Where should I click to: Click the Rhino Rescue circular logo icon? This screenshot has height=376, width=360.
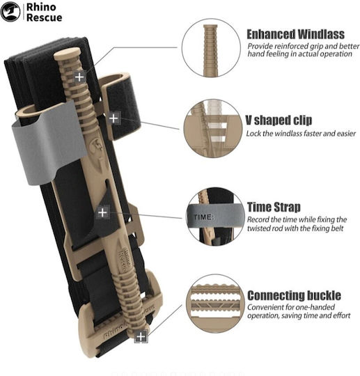10,12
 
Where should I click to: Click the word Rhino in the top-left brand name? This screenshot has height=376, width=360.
41,7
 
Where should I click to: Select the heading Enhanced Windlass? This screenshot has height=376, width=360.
295,34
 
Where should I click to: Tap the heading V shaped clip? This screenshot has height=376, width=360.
279,120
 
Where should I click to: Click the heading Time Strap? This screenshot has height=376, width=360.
274,207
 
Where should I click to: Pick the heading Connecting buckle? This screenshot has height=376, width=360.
294,295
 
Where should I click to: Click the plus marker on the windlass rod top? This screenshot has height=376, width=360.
79,77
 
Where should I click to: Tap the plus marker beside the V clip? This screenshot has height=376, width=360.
114,118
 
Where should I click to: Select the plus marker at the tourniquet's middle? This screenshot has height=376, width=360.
102,212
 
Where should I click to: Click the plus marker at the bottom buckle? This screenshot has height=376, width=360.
141,337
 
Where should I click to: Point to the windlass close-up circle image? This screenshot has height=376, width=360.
211,48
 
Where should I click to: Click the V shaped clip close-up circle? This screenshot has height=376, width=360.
213,128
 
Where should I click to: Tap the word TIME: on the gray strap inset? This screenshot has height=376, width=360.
203,217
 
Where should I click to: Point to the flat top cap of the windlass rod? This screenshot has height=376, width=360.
67,54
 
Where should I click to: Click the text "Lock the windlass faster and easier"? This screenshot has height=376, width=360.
301,134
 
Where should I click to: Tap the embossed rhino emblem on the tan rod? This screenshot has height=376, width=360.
97,146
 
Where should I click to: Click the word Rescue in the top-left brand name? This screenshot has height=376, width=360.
44,17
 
